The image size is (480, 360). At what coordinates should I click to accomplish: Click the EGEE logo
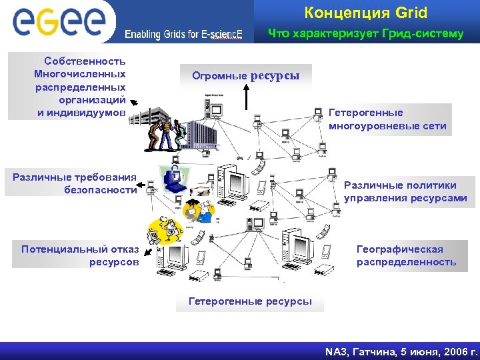[x=59, y=21]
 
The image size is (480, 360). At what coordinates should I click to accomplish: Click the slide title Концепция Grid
[x=365, y=13]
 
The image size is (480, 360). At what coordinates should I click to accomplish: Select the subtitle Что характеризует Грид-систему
[x=365, y=33]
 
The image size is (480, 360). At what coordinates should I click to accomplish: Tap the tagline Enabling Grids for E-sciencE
[x=184, y=35]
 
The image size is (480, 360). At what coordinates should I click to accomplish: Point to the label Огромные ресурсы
[x=245, y=75]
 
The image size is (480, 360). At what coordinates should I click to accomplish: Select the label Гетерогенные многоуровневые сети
[x=387, y=119]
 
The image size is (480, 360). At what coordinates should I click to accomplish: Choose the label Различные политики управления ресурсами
[x=405, y=192]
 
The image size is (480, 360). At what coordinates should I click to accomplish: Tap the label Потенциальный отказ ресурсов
[x=79, y=255]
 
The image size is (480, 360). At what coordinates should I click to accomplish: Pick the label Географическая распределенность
[x=406, y=255]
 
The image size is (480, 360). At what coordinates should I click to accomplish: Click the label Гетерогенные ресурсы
[x=250, y=301]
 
